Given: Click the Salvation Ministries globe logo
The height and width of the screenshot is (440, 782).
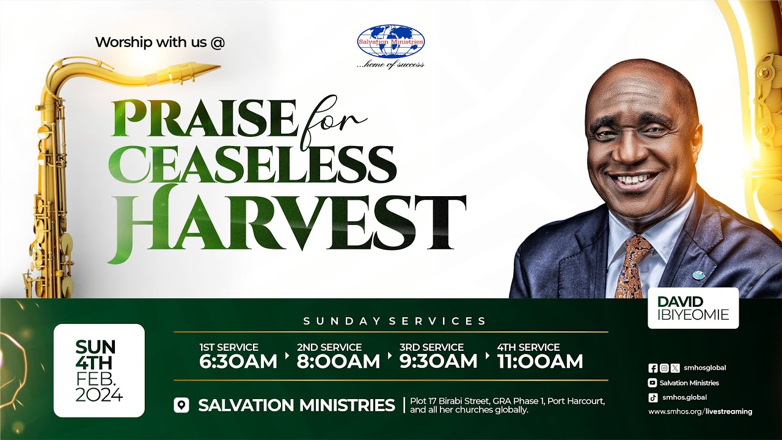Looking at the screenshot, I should tap(391, 42).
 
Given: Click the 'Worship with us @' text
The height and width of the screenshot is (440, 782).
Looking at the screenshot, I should tap(160, 43).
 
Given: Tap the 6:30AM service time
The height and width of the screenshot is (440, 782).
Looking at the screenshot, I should tap(238, 361).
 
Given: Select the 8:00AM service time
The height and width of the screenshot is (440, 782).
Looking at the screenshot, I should tap(338, 361).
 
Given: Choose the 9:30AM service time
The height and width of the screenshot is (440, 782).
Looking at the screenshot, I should tap(439, 361).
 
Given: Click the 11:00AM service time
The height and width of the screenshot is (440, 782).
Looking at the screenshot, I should tap(540, 361).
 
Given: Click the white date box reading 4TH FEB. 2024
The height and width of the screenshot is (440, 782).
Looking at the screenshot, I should tap(99, 370).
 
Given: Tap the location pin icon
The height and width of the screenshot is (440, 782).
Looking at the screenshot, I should tap(181, 405).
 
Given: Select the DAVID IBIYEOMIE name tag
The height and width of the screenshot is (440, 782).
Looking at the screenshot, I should tap(693, 308).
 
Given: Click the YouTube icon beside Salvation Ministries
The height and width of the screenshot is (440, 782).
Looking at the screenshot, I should tap(652, 383).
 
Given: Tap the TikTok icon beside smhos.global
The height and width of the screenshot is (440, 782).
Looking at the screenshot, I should tap(652, 397).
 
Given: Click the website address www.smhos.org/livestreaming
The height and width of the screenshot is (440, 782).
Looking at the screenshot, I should tap(700, 412).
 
